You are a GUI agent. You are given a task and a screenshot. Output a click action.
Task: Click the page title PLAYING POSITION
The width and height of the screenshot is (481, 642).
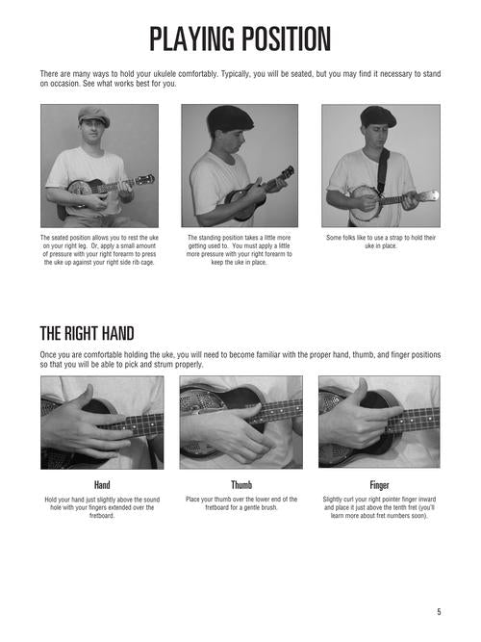coord(240,39)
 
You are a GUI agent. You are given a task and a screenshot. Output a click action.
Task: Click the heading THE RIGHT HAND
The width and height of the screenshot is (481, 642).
coord(87,333)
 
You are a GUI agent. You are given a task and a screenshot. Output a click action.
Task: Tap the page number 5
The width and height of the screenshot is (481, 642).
coord(439,612)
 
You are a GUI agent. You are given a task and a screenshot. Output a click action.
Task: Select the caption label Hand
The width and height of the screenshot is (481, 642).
coord(102,485)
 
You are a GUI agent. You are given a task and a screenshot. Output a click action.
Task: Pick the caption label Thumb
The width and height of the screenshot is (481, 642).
coord(241,485)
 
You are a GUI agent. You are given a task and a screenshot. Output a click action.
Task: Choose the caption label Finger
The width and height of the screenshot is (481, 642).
coord(379,485)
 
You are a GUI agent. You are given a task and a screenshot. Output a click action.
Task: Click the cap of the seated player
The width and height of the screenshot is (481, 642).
coord(94,116)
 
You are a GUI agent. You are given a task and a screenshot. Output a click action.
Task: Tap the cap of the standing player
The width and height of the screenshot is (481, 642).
coord(230,118)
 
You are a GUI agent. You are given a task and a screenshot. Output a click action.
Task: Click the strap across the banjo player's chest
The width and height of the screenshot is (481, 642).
coord(382,170)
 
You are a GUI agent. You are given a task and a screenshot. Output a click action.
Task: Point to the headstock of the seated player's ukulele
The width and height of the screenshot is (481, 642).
coord(145,179)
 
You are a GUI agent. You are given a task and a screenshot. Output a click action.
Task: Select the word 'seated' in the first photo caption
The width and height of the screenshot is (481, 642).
coord(60,238)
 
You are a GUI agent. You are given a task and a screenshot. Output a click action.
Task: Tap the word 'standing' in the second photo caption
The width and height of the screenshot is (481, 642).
coord(211,238)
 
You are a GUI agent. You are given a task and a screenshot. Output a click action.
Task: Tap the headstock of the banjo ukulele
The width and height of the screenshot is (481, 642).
coord(429,196)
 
